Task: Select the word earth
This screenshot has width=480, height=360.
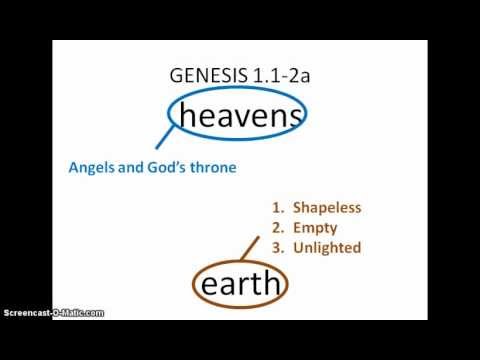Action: point(241,287)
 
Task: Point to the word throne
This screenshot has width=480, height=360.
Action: point(212,167)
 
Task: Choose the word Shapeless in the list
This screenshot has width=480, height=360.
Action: point(326,208)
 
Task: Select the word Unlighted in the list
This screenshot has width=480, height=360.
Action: point(325,246)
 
